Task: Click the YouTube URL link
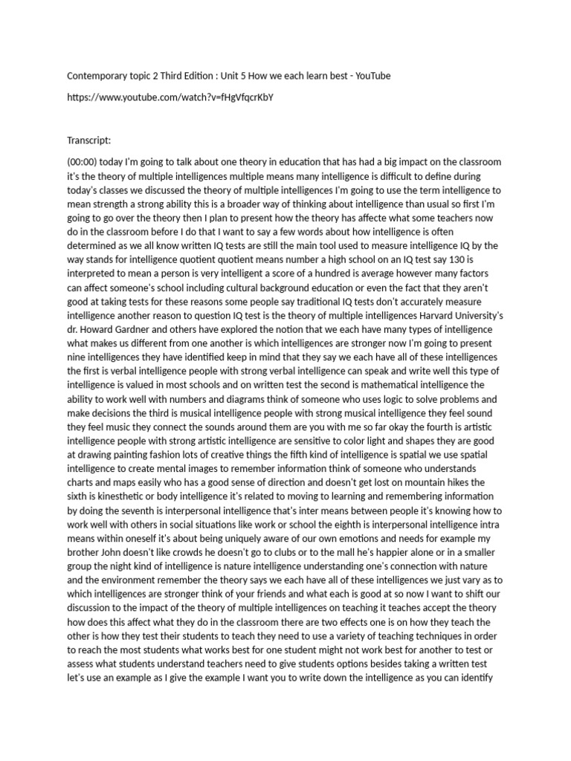point(175,97)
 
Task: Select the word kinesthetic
point(114,497)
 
